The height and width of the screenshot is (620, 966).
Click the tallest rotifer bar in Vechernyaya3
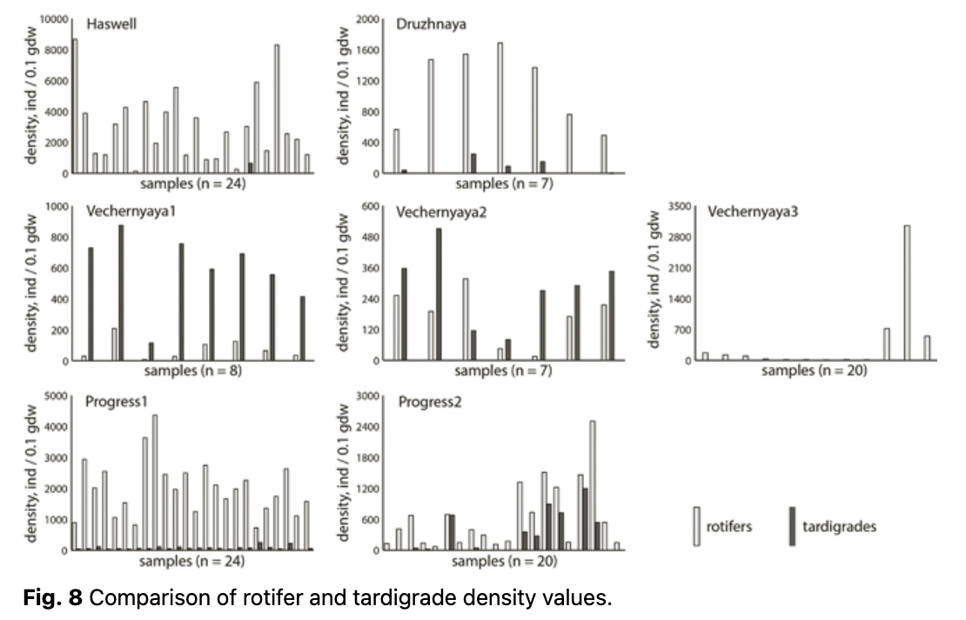coord(907,292)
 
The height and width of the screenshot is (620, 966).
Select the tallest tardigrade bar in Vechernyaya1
coord(121,292)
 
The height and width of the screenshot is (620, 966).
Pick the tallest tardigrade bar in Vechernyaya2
coord(439,293)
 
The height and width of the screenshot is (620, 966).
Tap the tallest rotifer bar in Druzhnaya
coord(500,107)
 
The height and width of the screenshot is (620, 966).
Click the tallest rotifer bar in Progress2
coord(593,483)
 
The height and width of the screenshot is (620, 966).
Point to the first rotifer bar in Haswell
coord(75,105)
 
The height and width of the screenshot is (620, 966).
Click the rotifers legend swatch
coord(696,526)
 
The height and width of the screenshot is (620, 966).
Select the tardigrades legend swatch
coord(792,526)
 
